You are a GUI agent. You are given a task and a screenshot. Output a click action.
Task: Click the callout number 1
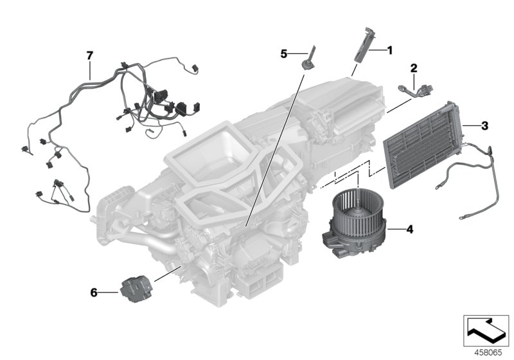click(x=389, y=50)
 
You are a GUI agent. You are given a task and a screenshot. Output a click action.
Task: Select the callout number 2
click(x=414, y=67)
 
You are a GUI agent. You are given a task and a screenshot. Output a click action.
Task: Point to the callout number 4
click(x=409, y=228)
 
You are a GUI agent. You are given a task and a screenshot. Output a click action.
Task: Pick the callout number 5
click(x=283, y=54)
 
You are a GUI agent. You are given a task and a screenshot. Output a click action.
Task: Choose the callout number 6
click(x=94, y=292)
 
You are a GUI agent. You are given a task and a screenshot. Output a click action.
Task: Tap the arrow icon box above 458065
click(x=486, y=330)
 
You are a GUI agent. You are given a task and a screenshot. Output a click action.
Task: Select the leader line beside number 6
click(x=107, y=292)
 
